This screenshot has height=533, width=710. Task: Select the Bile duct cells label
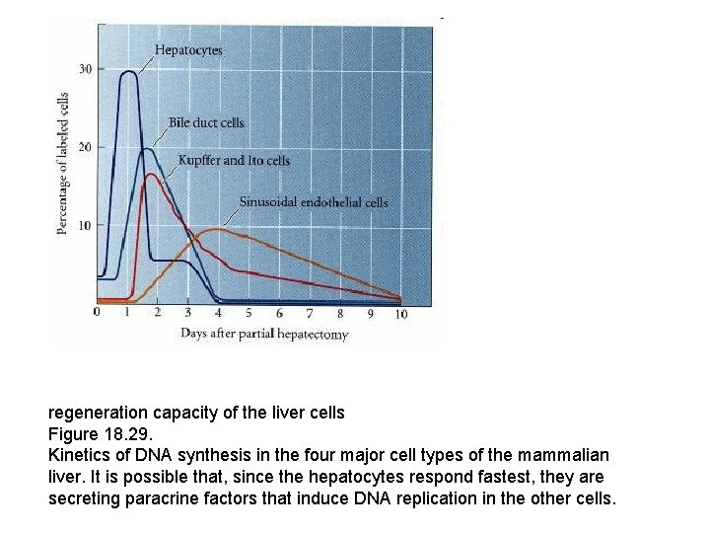(206, 122)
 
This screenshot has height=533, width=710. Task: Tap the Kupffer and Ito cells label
(234, 160)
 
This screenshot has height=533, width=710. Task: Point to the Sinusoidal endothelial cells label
(314, 202)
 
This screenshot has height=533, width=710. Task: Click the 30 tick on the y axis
(86, 69)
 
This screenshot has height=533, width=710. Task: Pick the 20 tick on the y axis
(86, 147)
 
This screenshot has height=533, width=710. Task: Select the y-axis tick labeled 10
(86, 225)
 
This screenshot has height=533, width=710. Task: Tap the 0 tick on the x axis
(97, 313)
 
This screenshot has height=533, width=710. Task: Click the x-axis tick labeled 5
(248, 313)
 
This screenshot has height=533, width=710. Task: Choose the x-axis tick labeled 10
(400, 314)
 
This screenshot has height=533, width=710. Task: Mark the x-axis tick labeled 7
(310, 313)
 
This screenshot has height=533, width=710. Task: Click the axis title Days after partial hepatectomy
(264, 334)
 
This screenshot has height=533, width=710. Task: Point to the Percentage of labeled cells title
(63, 164)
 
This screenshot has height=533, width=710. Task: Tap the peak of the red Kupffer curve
(151, 175)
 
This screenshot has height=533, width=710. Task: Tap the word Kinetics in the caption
(79, 455)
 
